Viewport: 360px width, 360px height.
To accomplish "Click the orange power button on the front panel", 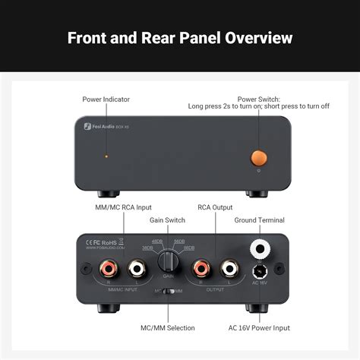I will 258,157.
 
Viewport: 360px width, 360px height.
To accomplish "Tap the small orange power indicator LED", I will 106,156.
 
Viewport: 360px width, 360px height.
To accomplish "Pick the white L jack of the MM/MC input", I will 137,268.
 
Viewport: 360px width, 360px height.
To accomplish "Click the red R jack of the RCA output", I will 201,268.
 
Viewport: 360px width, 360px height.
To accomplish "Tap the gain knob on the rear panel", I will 169,262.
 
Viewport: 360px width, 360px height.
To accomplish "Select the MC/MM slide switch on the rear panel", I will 168,291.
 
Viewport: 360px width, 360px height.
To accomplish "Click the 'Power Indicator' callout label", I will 106,99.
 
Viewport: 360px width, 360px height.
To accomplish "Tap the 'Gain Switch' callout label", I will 168,219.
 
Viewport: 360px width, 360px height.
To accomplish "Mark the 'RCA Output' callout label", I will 215,206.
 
